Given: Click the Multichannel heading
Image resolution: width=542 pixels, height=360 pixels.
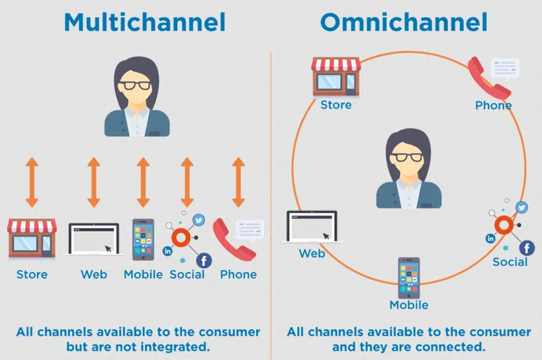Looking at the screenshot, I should [x=145, y=21].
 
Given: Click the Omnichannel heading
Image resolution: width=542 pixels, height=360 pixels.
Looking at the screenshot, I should [x=404, y=21].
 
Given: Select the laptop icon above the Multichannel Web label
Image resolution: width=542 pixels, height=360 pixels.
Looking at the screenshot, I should [x=93, y=240].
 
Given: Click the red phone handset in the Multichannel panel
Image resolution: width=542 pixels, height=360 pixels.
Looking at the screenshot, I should [x=233, y=240].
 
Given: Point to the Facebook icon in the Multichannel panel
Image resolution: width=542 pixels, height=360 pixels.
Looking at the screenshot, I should [x=204, y=260].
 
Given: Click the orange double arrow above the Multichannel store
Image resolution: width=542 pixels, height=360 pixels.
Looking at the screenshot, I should [x=32, y=182].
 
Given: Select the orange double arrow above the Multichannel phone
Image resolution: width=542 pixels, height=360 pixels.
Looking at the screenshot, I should [x=238, y=182].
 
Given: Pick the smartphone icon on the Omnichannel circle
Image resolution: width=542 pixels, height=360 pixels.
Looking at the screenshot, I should [x=408, y=277].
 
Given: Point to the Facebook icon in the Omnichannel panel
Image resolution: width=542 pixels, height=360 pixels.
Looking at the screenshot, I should [x=527, y=247].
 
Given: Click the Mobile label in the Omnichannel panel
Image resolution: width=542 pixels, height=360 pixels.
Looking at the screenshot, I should [x=408, y=305].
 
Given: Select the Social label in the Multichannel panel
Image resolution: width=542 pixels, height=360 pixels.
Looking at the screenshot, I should [x=187, y=274].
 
